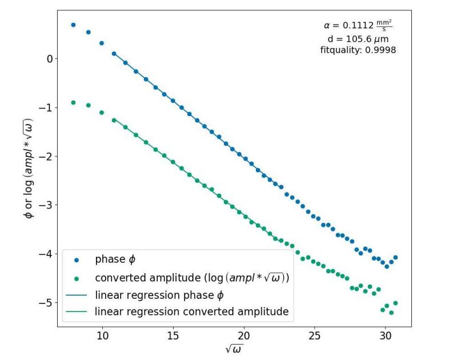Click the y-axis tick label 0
(x=50, y=59)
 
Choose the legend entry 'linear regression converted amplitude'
(x=191, y=311)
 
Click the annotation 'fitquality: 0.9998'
(x=358, y=50)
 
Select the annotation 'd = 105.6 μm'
(x=358, y=39)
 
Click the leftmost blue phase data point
(x=73, y=25)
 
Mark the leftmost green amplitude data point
(x=73, y=102)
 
